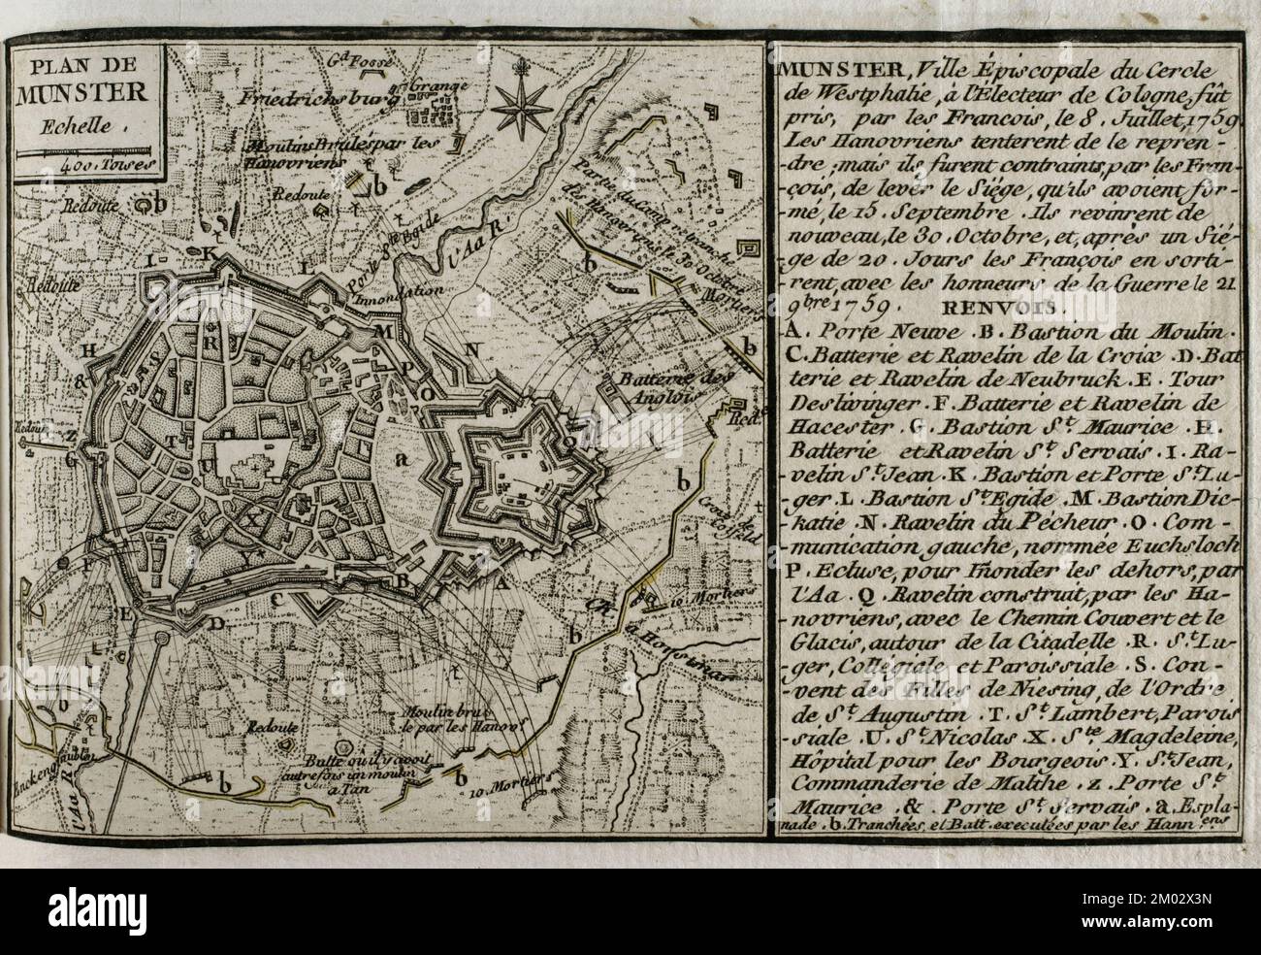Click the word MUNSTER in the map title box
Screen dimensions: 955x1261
(x=86, y=94)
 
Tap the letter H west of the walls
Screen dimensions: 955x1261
(x=90, y=351)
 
